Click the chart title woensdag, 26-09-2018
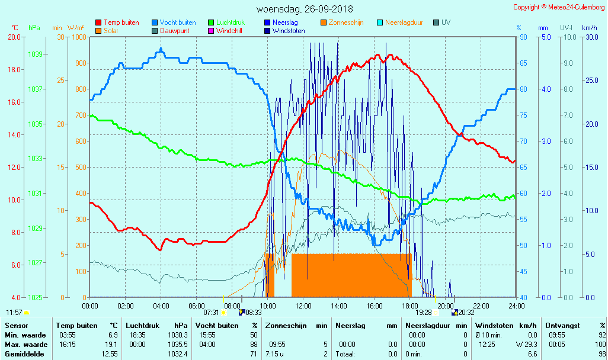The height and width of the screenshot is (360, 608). click(304, 9)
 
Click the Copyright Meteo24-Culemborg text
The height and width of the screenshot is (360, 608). click(559, 7)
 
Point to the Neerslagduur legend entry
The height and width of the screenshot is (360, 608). click(404, 22)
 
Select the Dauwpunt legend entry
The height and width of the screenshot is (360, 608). click(175, 31)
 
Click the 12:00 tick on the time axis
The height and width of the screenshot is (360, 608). click(303, 306)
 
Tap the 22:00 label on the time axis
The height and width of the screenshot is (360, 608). click(481, 306)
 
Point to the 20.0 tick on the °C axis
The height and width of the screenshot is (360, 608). click(14, 37)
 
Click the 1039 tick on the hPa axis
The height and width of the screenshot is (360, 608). click(35, 54)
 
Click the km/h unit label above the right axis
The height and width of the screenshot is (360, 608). click(589, 28)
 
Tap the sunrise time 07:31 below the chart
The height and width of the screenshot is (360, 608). click(211, 312)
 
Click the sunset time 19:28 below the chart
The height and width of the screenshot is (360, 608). click(423, 312)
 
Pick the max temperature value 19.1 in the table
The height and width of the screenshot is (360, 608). click(112, 345)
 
